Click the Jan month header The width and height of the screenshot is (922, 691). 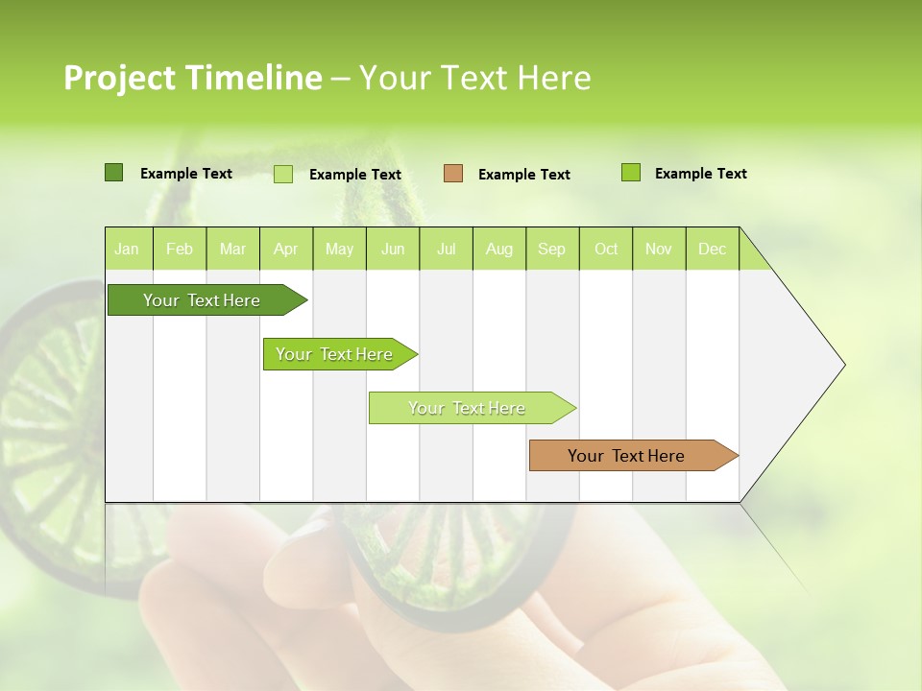pyautogui.click(x=128, y=249)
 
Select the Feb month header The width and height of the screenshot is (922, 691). pyautogui.click(x=180, y=249)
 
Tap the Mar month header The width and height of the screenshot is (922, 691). pyautogui.click(x=232, y=249)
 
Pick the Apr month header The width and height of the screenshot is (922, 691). pyautogui.click(x=286, y=249)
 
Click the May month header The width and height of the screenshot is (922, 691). pyautogui.click(x=339, y=249)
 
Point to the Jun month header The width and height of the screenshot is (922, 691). pyautogui.click(x=393, y=249)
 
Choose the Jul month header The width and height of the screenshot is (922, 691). pyautogui.click(x=446, y=249)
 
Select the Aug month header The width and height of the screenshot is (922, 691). pyautogui.click(x=499, y=249)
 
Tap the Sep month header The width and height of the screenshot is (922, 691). pyautogui.click(x=552, y=249)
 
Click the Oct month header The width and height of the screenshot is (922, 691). pyautogui.click(x=606, y=249)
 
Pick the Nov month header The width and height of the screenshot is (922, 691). pyautogui.click(x=659, y=249)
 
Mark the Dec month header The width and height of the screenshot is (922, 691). pyautogui.click(x=713, y=249)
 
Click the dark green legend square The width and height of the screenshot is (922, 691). pyautogui.click(x=114, y=173)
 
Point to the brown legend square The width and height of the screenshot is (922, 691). pyautogui.click(x=453, y=173)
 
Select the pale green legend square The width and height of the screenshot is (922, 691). pyautogui.click(x=283, y=174)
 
